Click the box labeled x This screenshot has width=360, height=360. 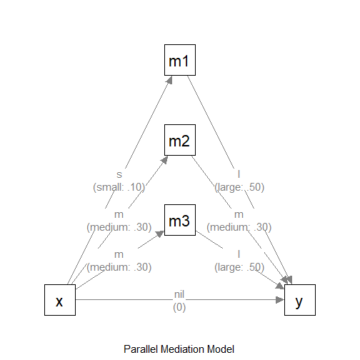pyautogui.click(x=60, y=300)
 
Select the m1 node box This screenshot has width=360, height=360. pyautogui.click(x=179, y=61)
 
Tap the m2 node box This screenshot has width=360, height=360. pyautogui.click(x=179, y=141)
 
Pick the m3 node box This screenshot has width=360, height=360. pyautogui.click(x=179, y=221)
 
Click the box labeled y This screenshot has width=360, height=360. pyautogui.click(x=299, y=300)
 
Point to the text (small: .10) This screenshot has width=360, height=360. pyautogui.click(x=119, y=187)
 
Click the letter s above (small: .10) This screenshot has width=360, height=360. pyautogui.click(x=119, y=174)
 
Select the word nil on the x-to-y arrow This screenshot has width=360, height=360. pyautogui.click(x=179, y=294)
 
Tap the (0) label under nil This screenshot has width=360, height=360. pyautogui.click(x=179, y=307)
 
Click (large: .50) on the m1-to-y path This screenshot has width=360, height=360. pyautogui.click(x=239, y=187)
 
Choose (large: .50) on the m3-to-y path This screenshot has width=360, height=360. pyautogui.click(x=239, y=267)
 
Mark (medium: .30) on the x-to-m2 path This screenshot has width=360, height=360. pyautogui.click(x=119, y=227)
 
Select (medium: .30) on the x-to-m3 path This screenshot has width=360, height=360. pyautogui.click(x=119, y=267)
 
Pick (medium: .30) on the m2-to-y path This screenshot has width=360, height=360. pyautogui.click(x=239, y=227)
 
